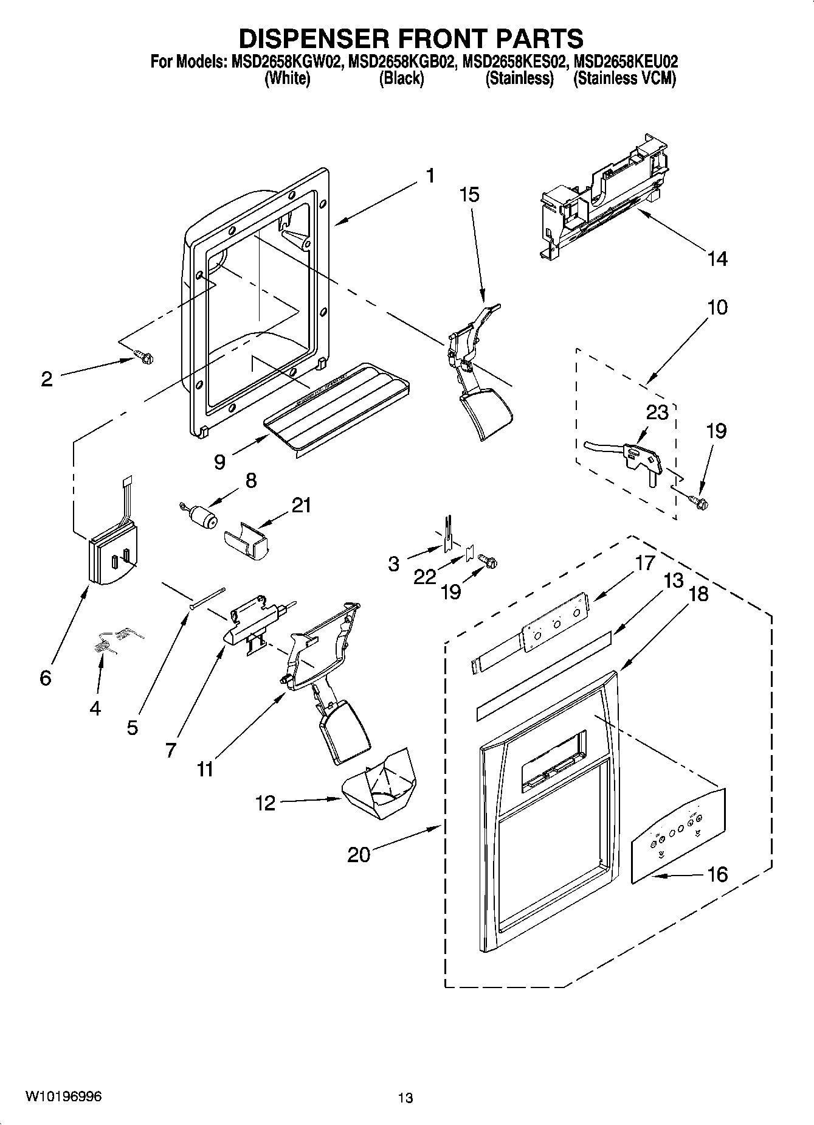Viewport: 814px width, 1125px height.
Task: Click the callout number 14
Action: (x=717, y=259)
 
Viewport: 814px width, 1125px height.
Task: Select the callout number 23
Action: (x=657, y=413)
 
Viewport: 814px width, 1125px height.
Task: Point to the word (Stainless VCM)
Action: (x=624, y=78)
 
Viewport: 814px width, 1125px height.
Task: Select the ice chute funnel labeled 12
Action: (x=380, y=787)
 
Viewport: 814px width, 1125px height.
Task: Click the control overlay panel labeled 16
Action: (x=678, y=834)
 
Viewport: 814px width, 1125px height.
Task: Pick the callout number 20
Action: (x=358, y=855)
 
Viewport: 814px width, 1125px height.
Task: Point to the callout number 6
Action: (x=46, y=677)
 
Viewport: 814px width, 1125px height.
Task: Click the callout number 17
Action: (x=645, y=563)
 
